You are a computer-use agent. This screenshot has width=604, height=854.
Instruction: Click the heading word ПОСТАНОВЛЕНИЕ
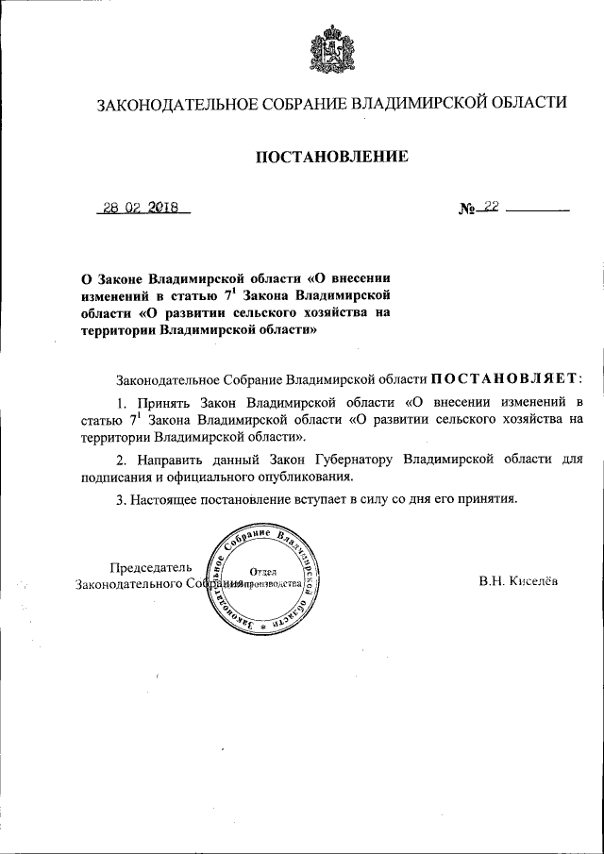coord(331,157)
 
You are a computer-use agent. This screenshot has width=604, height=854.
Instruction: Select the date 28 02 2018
coord(144,209)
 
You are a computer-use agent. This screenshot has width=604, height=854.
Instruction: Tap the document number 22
coord(488,209)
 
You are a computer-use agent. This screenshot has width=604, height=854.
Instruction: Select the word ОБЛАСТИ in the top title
coord(525,103)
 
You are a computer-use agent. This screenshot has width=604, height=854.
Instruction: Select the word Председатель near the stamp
coord(152,567)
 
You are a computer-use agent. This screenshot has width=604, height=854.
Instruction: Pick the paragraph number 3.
coord(120,499)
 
